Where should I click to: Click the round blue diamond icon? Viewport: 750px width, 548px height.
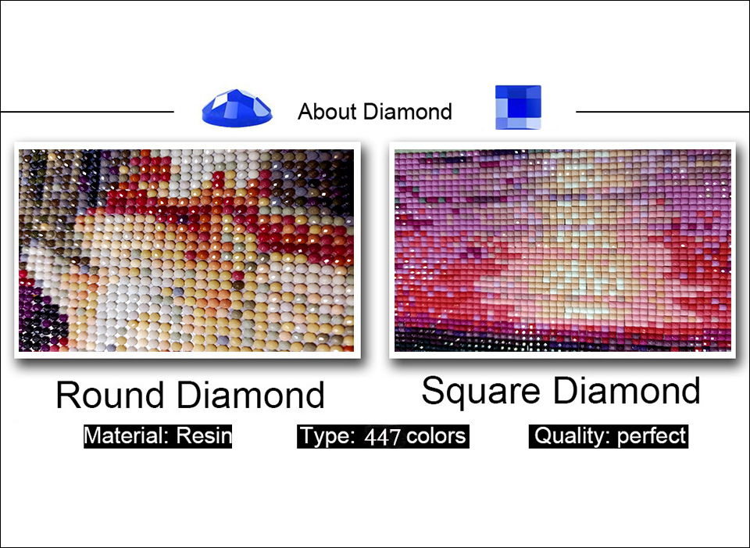[237, 108]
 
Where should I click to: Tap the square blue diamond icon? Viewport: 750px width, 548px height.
[518, 107]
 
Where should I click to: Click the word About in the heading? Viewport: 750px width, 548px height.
[327, 112]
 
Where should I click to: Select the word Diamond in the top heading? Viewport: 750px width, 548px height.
[408, 112]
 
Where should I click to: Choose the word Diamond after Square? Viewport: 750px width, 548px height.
[627, 390]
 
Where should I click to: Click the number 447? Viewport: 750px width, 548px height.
[382, 436]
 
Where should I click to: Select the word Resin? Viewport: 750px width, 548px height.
[204, 436]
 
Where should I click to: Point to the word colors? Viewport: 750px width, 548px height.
[436, 436]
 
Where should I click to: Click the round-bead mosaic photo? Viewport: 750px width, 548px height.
[187, 250]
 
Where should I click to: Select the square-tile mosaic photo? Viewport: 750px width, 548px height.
[562, 250]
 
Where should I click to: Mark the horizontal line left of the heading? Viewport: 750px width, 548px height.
[87, 112]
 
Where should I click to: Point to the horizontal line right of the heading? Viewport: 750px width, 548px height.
[663, 112]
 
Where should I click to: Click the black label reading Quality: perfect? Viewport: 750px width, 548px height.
[609, 436]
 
